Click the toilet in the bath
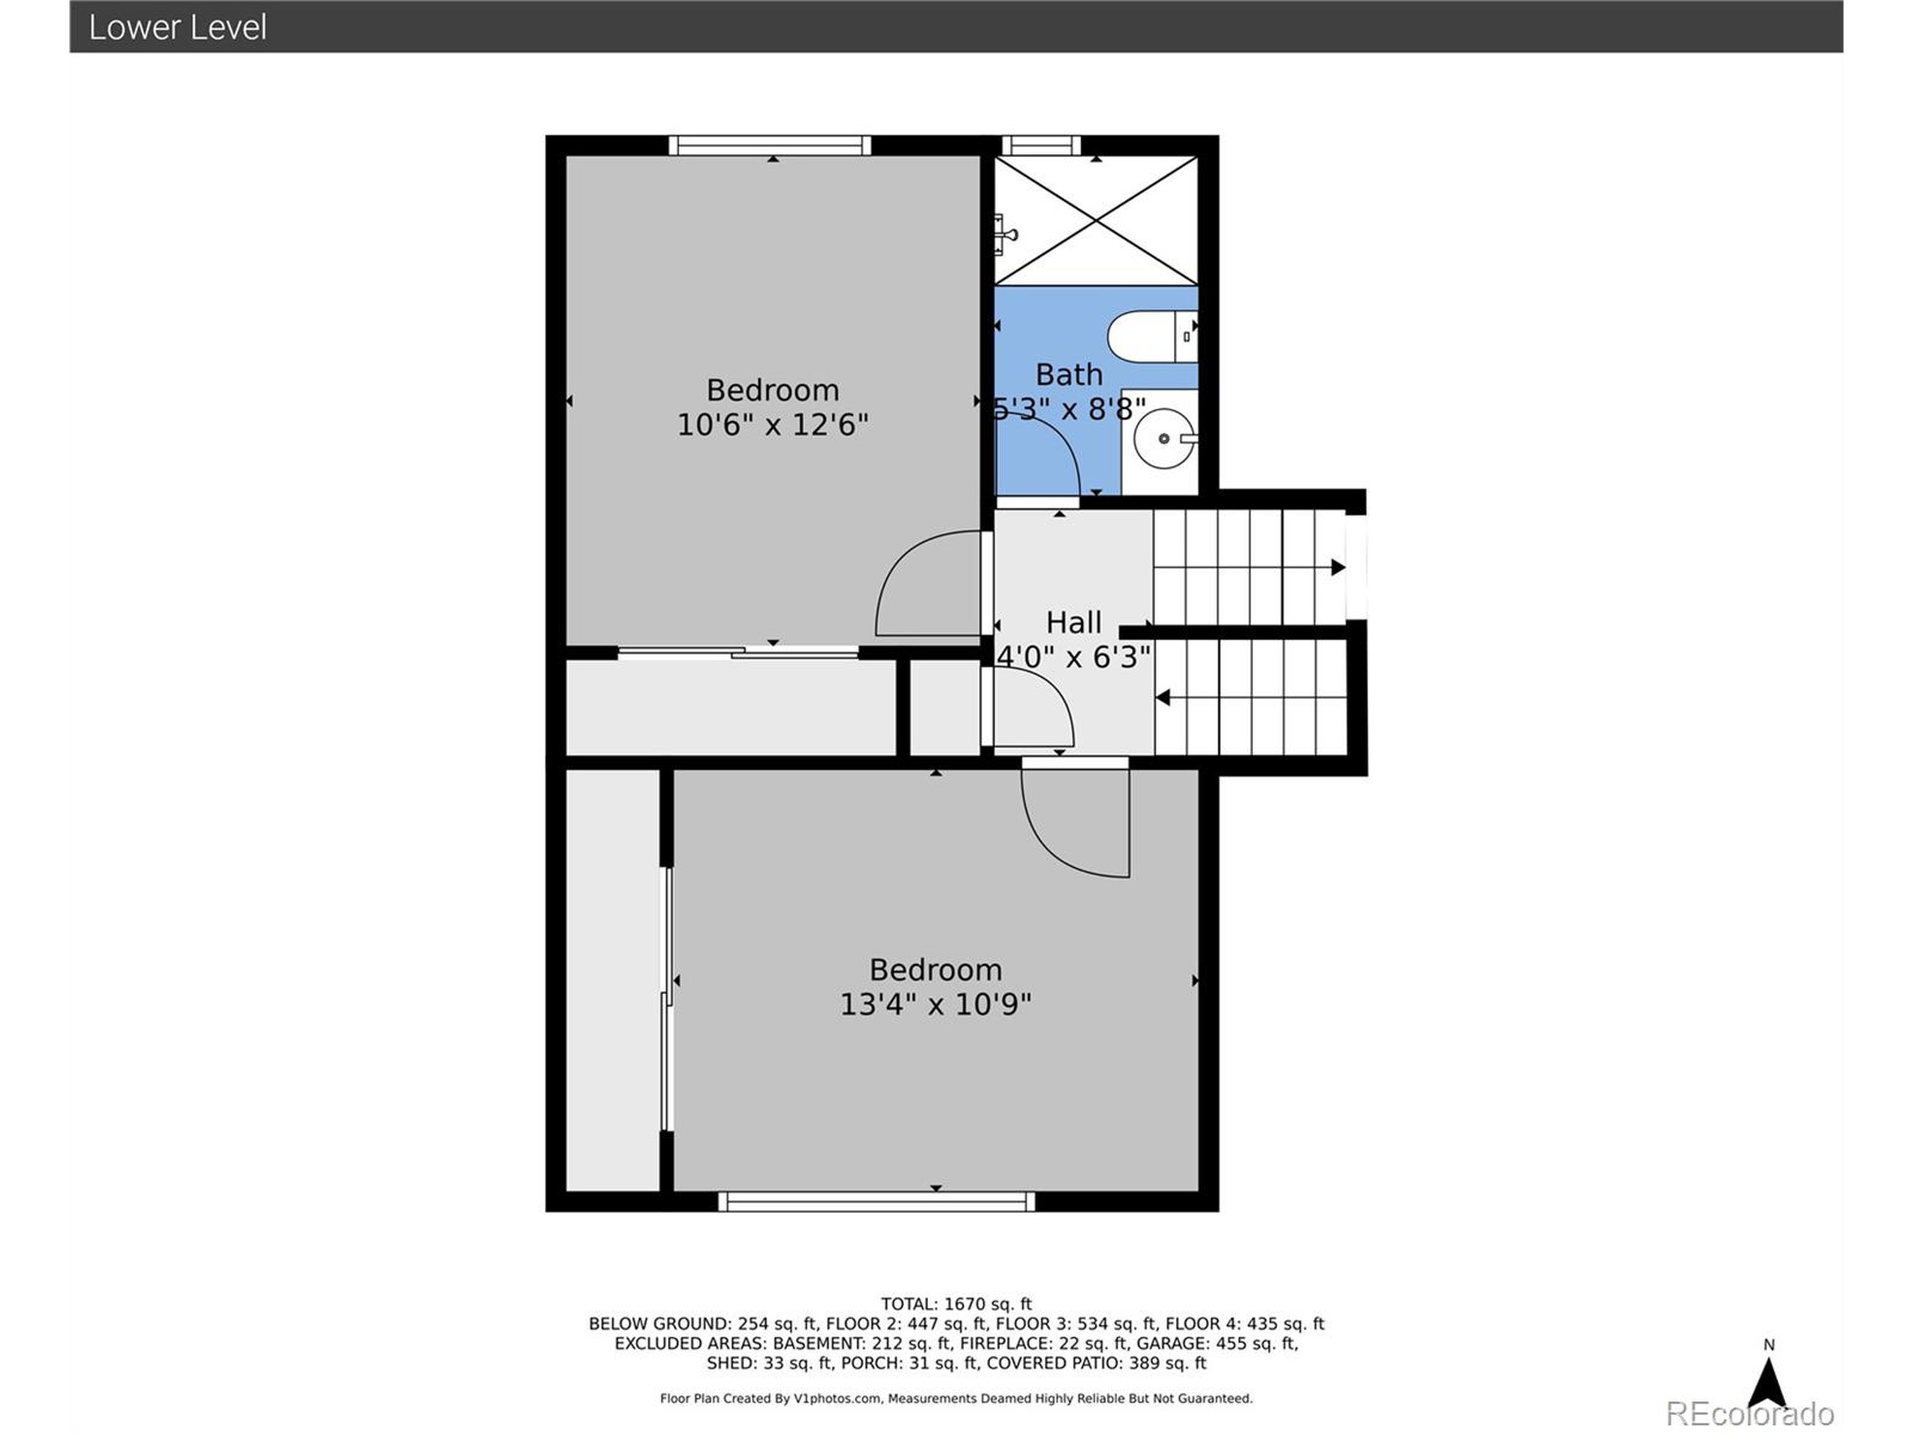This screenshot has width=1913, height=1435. (1150, 336)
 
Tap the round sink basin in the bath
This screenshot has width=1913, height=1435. (1163, 439)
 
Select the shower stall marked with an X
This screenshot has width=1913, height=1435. (1095, 220)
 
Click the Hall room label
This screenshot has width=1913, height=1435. (1073, 623)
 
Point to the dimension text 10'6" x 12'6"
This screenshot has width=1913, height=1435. (771, 425)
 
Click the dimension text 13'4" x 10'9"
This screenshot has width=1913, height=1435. (935, 1004)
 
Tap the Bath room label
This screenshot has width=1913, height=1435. (1069, 374)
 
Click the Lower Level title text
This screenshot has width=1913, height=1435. (177, 28)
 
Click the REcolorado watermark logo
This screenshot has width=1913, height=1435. (1749, 1413)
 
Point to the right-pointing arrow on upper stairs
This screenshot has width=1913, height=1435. (1337, 567)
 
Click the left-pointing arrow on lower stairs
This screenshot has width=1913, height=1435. (1163, 697)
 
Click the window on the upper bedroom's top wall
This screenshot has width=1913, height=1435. (770, 145)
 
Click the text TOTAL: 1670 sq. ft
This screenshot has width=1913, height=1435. (956, 1303)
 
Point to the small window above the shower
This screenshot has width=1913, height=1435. (1041, 145)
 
